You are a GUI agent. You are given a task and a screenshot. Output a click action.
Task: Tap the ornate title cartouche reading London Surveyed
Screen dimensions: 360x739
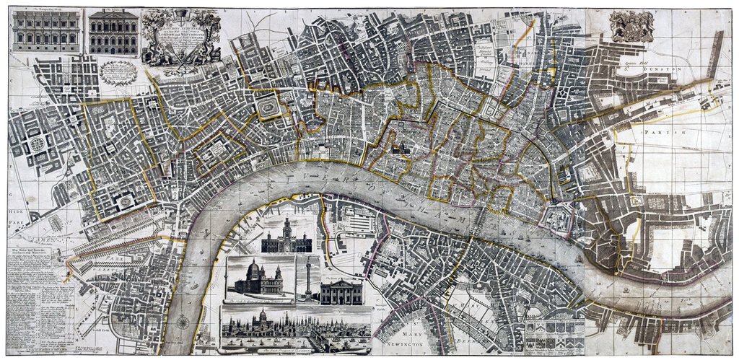click(x=181, y=36)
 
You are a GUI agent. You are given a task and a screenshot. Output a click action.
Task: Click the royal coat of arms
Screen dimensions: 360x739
click(x=631, y=26)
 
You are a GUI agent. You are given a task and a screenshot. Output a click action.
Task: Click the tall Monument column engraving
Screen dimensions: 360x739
click(x=307, y=278)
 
